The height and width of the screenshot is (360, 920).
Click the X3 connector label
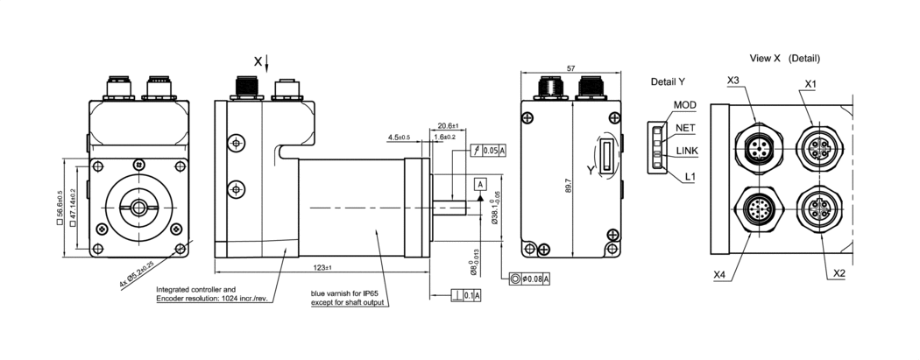click(734, 81)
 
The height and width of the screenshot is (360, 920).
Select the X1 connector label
click(810, 84)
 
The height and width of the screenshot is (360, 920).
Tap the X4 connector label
click(720, 275)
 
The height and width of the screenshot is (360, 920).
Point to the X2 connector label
click(839, 273)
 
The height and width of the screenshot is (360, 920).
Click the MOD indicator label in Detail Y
click(685, 105)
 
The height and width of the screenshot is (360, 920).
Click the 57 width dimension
click(571, 67)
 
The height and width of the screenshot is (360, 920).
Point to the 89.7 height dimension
click(569, 185)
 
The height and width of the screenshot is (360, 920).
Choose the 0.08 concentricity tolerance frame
click(530, 279)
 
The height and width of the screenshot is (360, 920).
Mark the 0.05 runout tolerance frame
click(489, 151)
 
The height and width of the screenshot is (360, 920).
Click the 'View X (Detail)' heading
click(784, 59)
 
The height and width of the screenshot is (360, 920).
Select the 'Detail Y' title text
click(668, 81)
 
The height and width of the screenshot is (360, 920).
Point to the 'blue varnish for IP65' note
click(349, 293)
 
